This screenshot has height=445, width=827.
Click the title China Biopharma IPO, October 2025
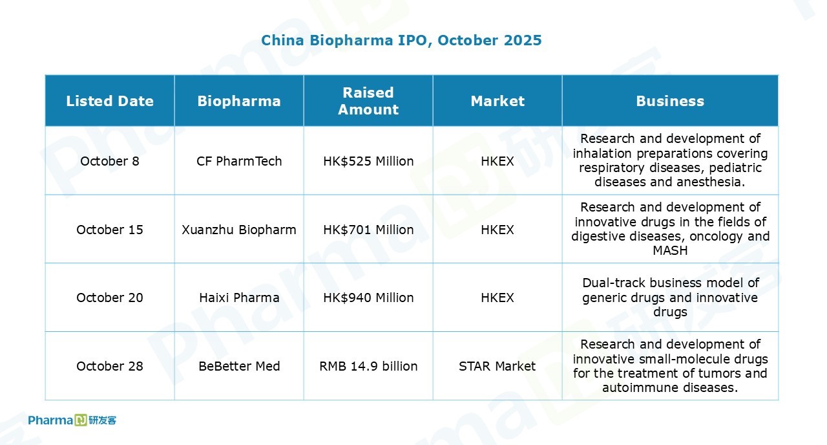(401, 40)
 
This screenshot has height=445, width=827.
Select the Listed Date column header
(110, 101)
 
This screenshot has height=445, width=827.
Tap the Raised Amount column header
(368, 101)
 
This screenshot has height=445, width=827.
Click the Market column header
(497, 101)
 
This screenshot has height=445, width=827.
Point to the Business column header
(670, 101)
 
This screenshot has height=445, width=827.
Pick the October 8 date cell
(110, 161)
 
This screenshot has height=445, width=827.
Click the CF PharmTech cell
(239, 161)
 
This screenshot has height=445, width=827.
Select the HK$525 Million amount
(368, 161)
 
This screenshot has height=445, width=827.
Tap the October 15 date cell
(110, 230)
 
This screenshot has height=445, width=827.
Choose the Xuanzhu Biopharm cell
(239, 230)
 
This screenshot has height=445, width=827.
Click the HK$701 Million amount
(368, 230)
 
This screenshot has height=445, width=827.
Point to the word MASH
(670, 250)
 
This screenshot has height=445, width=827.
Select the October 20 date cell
(110, 298)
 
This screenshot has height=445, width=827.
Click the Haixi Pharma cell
(239, 298)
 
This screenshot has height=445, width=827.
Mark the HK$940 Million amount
(368, 298)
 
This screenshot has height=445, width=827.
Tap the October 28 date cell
(110, 366)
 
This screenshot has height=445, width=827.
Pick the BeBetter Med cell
(239, 366)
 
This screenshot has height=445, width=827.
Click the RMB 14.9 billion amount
(368, 366)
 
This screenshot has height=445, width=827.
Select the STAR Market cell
(497, 366)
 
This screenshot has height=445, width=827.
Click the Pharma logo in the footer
(72, 420)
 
